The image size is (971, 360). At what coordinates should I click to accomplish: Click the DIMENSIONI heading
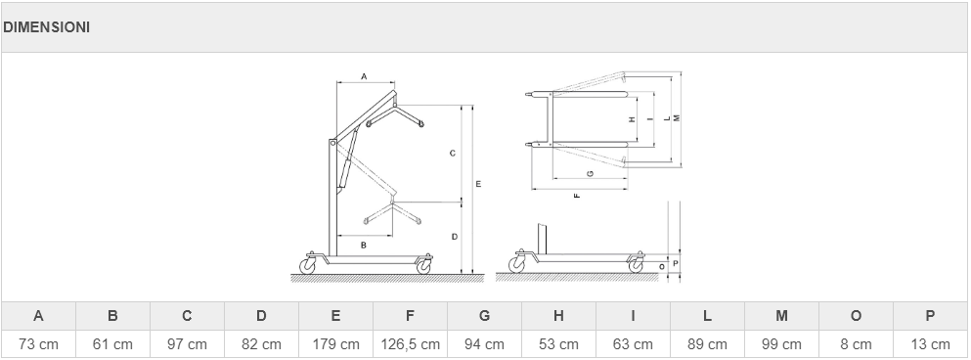point(46,27)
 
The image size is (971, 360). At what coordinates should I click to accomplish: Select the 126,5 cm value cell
point(410,344)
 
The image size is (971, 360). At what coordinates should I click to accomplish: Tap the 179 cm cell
point(335,344)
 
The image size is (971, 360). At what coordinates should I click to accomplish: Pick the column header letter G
point(484,316)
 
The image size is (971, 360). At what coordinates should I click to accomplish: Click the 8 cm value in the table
point(856,344)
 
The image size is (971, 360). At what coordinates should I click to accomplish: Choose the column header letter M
point(781,316)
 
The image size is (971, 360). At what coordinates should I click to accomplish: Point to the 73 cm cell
point(38,344)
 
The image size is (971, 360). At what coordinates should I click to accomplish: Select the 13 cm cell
point(930,344)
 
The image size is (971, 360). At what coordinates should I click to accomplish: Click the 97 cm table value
point(187,344)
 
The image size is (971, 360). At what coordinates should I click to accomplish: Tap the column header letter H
point(558,316)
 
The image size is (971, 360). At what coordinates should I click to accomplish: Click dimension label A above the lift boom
point(364,76)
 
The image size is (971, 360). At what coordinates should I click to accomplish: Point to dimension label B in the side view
point(364,245)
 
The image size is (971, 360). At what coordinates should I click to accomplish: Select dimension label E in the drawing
point(479,184)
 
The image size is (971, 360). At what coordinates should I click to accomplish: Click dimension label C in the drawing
point(453,153)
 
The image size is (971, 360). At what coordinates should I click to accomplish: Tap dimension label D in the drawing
point(455,237)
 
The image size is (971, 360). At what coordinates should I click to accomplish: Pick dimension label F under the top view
point(577,196)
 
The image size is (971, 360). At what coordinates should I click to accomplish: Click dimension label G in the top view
point(591,173)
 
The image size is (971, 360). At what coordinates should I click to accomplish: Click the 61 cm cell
point(112,344)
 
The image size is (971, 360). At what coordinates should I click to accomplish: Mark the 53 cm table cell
point(558,344)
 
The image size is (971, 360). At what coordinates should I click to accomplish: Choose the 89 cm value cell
point(707,344)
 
